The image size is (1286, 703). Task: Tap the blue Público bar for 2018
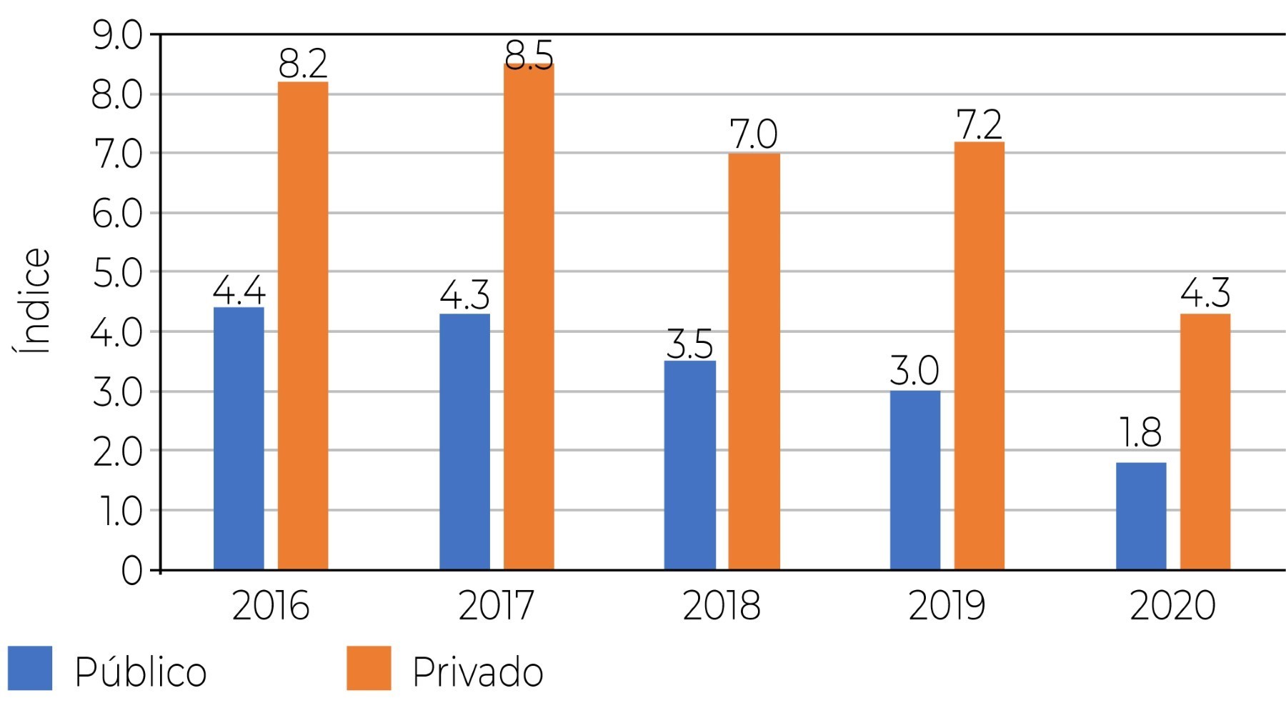689,465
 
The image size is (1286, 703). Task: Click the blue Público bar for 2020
1141,516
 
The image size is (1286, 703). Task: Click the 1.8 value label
1141,433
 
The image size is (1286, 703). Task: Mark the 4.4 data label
239,291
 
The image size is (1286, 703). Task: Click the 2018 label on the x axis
722,606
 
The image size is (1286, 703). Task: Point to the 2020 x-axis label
1172,606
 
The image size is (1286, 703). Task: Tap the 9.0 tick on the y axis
117,36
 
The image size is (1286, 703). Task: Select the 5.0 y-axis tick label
117,274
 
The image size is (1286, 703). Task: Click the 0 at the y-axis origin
131,572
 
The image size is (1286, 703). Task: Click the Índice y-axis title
33,301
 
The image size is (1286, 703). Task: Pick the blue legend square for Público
30,668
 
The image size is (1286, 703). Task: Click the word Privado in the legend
477,672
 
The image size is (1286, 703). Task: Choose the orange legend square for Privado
369,668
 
